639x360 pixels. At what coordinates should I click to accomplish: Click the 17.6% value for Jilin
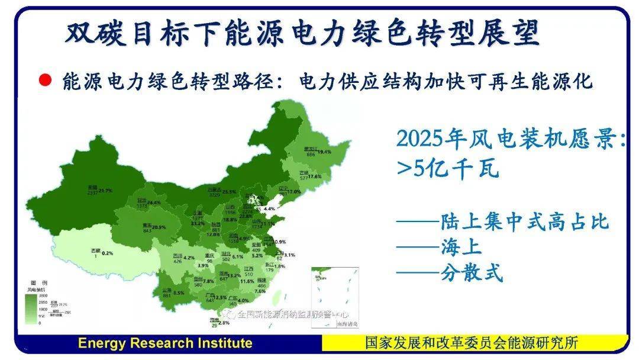coord(314,177)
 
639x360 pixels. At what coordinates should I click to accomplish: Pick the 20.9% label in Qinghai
coord(158,227)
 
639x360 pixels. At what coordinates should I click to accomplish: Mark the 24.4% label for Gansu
coord(154,202)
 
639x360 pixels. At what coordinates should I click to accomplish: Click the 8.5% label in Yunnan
coord(179,292)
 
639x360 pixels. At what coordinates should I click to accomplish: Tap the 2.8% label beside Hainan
coord(224,323)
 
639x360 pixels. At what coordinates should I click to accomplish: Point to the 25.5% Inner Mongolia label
coord(229,192)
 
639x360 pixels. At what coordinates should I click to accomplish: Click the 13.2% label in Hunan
coord(234,276)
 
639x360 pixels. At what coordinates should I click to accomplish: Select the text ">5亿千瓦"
coord(448,169)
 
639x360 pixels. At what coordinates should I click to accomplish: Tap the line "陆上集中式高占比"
coord(524,222)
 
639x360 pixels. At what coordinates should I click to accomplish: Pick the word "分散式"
coord(472,274)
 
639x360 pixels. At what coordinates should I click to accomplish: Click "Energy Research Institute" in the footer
coord(165,343)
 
